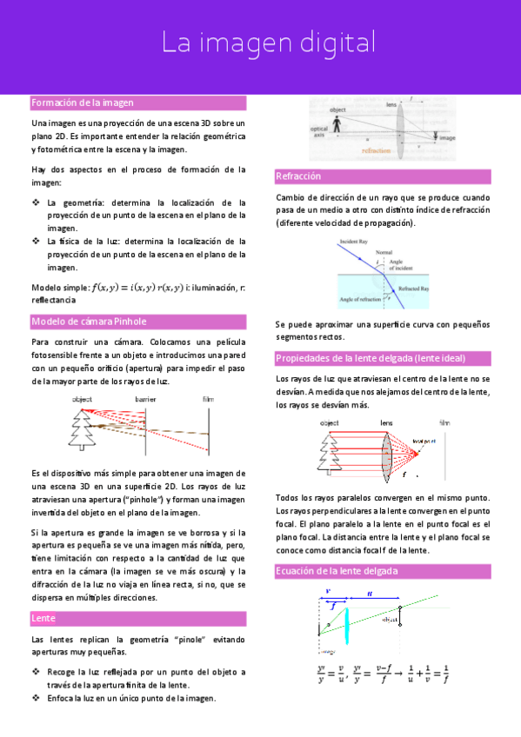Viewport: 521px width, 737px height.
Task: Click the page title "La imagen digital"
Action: pyautogui.click(x=269, y=43)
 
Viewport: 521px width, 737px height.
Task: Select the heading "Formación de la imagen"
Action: pyautogui.click(x=83, y=103)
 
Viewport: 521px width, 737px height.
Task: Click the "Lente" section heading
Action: pyautogui.click(x=43, y=618)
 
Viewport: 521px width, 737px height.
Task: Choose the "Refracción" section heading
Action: pyautogui.click(x=298, y=176)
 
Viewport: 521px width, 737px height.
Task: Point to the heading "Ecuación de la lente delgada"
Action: pyautogui.click(x=337, y=571)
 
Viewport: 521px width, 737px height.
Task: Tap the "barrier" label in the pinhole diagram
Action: pyautogui.click(x=144, y=399)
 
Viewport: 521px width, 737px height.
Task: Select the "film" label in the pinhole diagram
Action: pyautogui.click(x=207, y=399)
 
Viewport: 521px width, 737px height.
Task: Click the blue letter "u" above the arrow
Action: pyautogui.click(x=371, y=593)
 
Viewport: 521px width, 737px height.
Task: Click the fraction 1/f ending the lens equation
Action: pyautogui.click(x=444, y=673)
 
